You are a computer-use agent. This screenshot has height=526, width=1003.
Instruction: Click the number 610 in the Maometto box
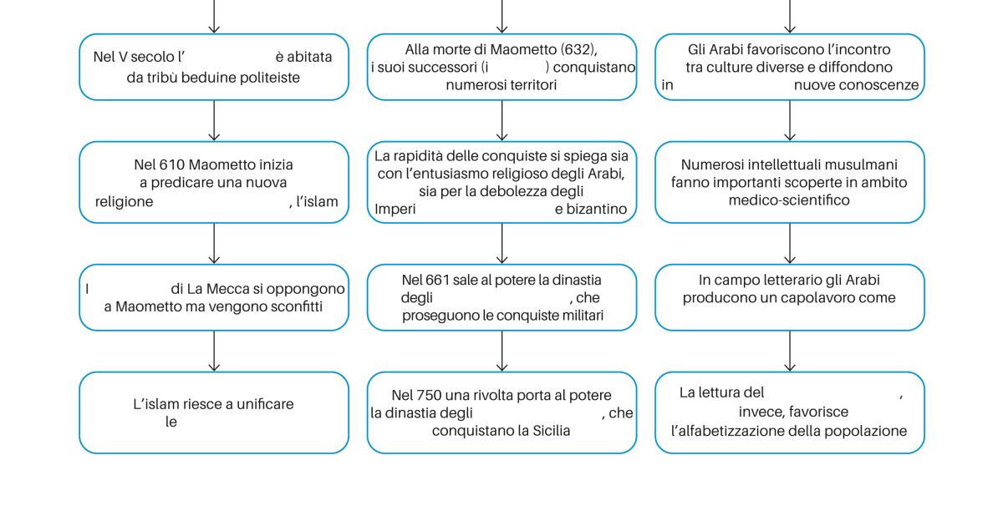click(171, 164)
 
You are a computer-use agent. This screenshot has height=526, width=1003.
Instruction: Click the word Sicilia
click(551, 431)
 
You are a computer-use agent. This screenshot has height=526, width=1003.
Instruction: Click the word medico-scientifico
click(789, 200)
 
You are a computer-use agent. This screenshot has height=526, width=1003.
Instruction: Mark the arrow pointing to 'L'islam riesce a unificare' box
click(214, 352)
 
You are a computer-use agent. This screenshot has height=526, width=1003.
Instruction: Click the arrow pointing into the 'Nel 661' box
click(502, 243)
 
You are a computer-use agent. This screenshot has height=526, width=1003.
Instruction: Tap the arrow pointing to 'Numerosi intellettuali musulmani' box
click(790, 120)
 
